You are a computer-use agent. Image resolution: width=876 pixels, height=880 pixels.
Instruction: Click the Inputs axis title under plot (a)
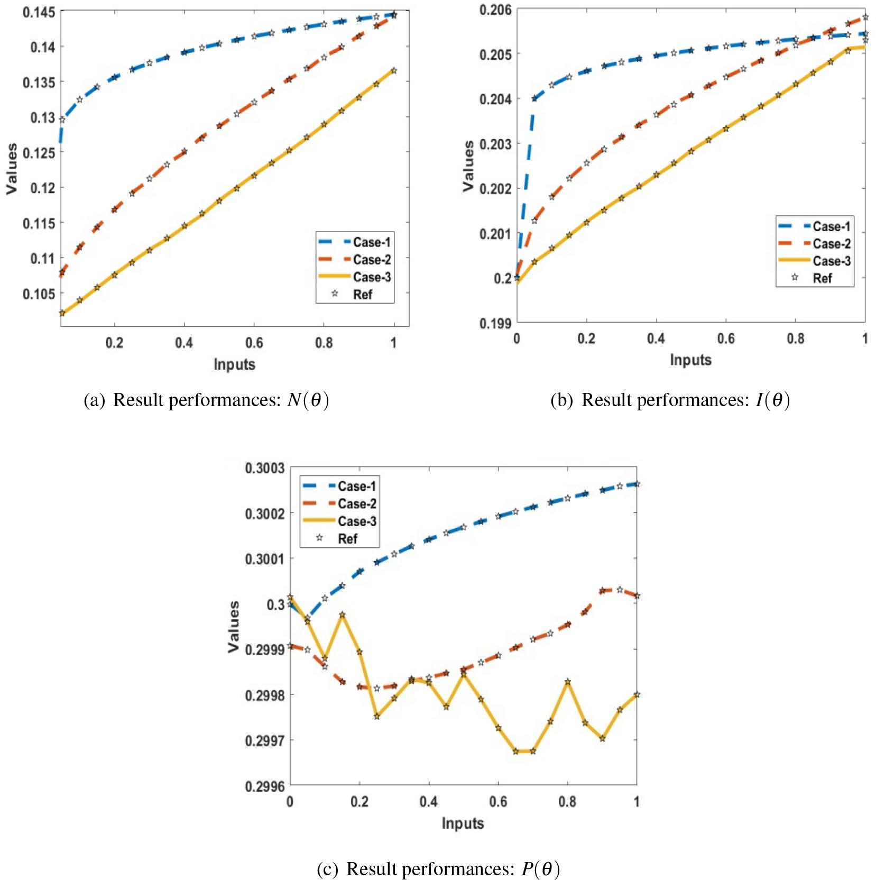[x=234, y=364]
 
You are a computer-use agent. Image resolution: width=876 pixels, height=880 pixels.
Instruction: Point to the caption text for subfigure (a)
[x=207, y=400]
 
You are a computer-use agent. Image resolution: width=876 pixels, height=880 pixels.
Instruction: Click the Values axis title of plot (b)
[x=468, y=166]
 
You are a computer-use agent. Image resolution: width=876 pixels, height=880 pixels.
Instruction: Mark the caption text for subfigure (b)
[x=670, y=400]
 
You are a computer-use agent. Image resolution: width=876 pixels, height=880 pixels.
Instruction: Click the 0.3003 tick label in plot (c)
[x=265, y=468]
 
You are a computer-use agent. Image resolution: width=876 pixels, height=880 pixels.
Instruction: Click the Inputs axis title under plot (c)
[x=463, y=823]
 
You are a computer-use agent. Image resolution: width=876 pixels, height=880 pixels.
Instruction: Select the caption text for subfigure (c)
[x=438, y=869]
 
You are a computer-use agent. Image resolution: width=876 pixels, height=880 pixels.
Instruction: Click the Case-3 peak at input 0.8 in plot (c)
[x=567, y=682]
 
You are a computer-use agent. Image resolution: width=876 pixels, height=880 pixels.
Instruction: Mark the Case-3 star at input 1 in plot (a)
[x=393, y=70]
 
